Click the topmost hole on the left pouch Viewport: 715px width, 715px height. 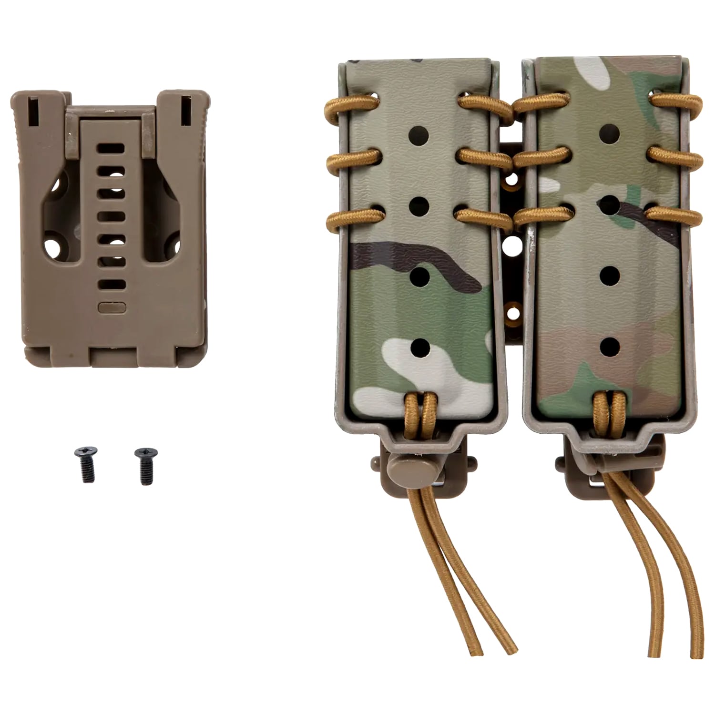click(x=419, y=135)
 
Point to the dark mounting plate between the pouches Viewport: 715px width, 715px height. click(x=511, y=238)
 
